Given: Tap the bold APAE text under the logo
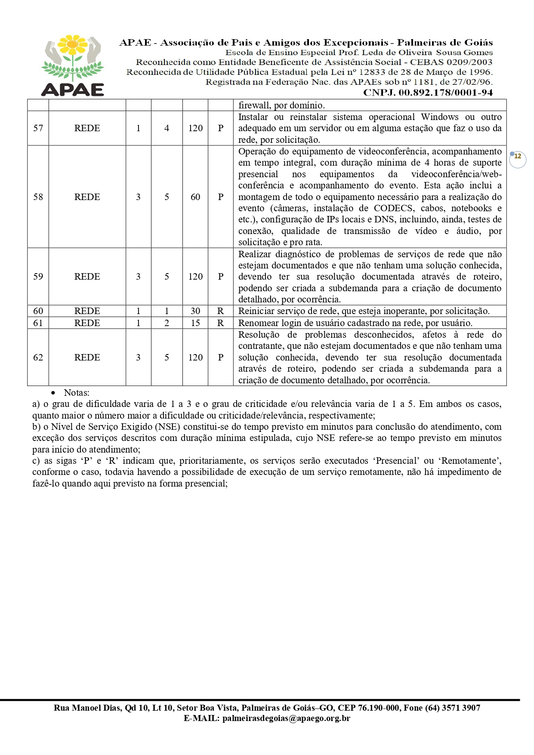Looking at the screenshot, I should pyautogui.click(x=73, y=89).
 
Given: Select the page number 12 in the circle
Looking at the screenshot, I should pyautogui.click(x=518, y=157).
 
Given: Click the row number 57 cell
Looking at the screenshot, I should pyautogui.click(x=38, y=128).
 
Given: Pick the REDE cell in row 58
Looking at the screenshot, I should pyautogui.click(x=87, y=197).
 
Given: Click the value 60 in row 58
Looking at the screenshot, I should pyautogui.click(x=195, y=197).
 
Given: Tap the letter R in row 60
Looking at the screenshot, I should pyautogui.click(x=221, y=311).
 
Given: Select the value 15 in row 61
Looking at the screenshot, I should pyautogui.click(x=195, y=323).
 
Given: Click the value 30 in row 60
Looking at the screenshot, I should pyautogui.click(x=195, y=311).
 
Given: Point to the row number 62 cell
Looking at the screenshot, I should pyautogui.click(x=38, y=357).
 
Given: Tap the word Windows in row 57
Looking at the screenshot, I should pyautogui.click(x=440, y=117).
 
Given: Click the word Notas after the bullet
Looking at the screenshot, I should pyautogui.click(x=77, y=393).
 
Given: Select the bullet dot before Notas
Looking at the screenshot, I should pyautogui.click(x=53, y=393).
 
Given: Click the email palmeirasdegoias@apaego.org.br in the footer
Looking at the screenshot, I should pyautogui.click(x=286, y=718).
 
